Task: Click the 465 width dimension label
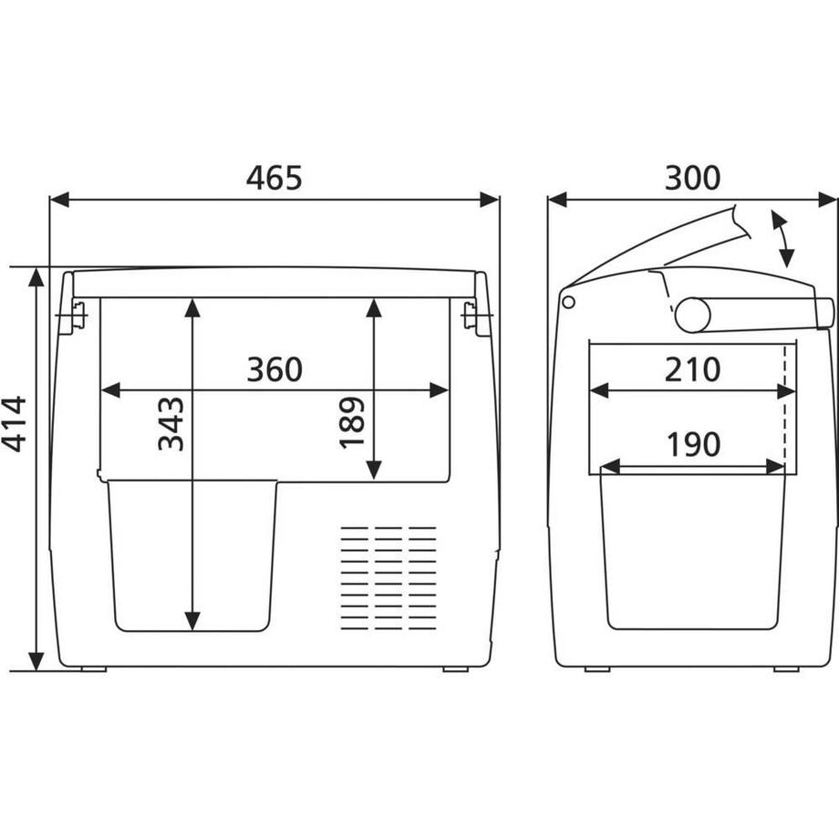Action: pyautogui.click(x=274, y=178)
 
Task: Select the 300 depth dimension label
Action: pyautogui.click(x=692, y=178)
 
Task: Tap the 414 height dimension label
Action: pyautogui.click(x=14, y=423)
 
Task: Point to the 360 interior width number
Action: pyautogui.click(x=274, y=369)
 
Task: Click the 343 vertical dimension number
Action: pyautogui.click(x=171, y=423)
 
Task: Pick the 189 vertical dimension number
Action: pyautogui.click(x=352, y=422)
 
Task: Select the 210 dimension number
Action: pyautogui.click(x=692, y=369)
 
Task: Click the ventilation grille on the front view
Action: pyautogui.click(x=388, y=577)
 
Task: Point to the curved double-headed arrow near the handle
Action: pyautogui.click(x=782, y=238)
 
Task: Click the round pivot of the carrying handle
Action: pyautogui.click(x=692, y=315)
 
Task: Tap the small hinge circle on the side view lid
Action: pyautogui.click(x=568, y=301)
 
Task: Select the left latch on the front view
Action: pyautogui.click(x=73, y=316)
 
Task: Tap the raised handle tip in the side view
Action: pyautogui.click(x=739, y=223)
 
